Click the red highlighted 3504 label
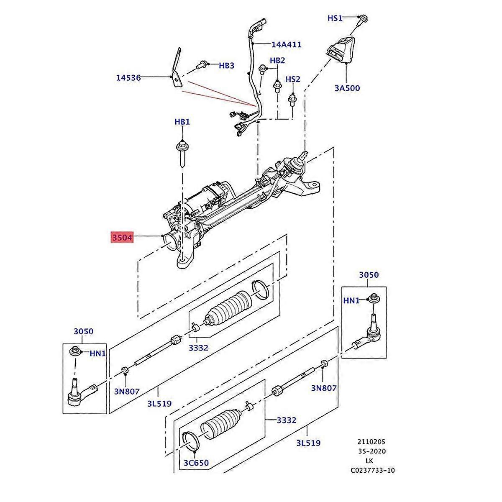pos(122,238)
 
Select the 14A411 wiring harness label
pos(286,44)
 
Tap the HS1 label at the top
pos(335,18)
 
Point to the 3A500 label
pos(347,88)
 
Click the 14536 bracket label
pos(128,77)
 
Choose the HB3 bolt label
pos(226,66)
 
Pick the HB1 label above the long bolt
pos(182,122)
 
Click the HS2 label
pos(293,79)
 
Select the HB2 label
pos(277,60)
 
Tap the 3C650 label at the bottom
pos(196,463)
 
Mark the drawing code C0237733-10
pos(372,470)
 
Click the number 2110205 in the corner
pos(371,442)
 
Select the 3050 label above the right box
pos(369,275)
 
